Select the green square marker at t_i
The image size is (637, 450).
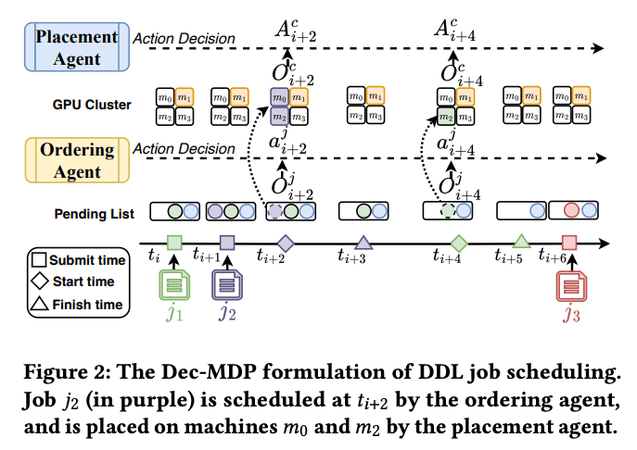pos(174,243)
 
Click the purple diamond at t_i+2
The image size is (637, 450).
pos(286,243)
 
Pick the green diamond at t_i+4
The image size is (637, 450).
pos(457,243)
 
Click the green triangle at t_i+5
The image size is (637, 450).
pos(521,242)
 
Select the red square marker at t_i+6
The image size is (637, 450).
pos(569,243)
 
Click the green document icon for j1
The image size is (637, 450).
pos(175,283)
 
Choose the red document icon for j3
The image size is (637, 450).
pos(569,283)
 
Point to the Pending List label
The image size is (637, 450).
pos(96,214)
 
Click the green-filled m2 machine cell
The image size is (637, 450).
pos(445,116)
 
